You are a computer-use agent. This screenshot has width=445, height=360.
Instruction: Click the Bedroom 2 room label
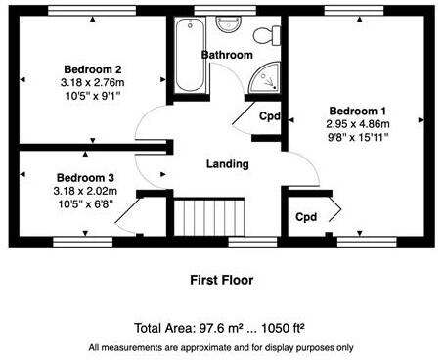(93, 69)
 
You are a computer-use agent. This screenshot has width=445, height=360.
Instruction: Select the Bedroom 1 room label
(358, 110)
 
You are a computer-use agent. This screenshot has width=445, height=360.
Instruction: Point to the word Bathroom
(228, 56)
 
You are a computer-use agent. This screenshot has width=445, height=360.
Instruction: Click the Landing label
(227, 164)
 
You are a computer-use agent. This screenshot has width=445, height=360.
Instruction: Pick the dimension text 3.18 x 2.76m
(93, 83)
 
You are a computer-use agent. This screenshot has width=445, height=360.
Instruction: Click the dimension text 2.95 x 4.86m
(358, 124)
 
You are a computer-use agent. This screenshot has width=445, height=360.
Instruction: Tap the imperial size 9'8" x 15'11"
(358, 138)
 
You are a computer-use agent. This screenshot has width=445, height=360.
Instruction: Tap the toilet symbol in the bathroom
(275, 34)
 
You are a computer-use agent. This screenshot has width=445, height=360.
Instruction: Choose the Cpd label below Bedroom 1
(306, 216)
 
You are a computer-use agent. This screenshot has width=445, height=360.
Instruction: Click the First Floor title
(221, 280)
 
